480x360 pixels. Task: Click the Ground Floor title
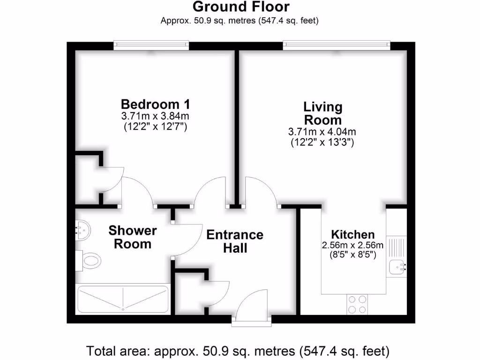click(x=241, y=7)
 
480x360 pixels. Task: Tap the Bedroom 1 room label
click(x=155, y=104)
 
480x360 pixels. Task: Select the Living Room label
click(x=322, y=113)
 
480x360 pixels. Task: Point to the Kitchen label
click(x=352, y=234)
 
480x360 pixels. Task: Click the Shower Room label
click(x=133, y=237)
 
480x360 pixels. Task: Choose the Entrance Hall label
click(x=235, y=241)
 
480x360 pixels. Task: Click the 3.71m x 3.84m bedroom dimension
click(x=155, y=116)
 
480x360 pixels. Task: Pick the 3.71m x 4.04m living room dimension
click(x=322, y=133)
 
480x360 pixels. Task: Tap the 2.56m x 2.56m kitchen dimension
click(x=352, y=245)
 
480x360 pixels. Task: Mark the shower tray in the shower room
click(x=122, y=299)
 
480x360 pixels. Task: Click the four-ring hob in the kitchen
click(x=357, y=304)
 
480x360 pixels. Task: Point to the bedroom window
click(x=151, y=45)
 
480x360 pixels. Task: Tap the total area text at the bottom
click(x=239, y=350)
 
